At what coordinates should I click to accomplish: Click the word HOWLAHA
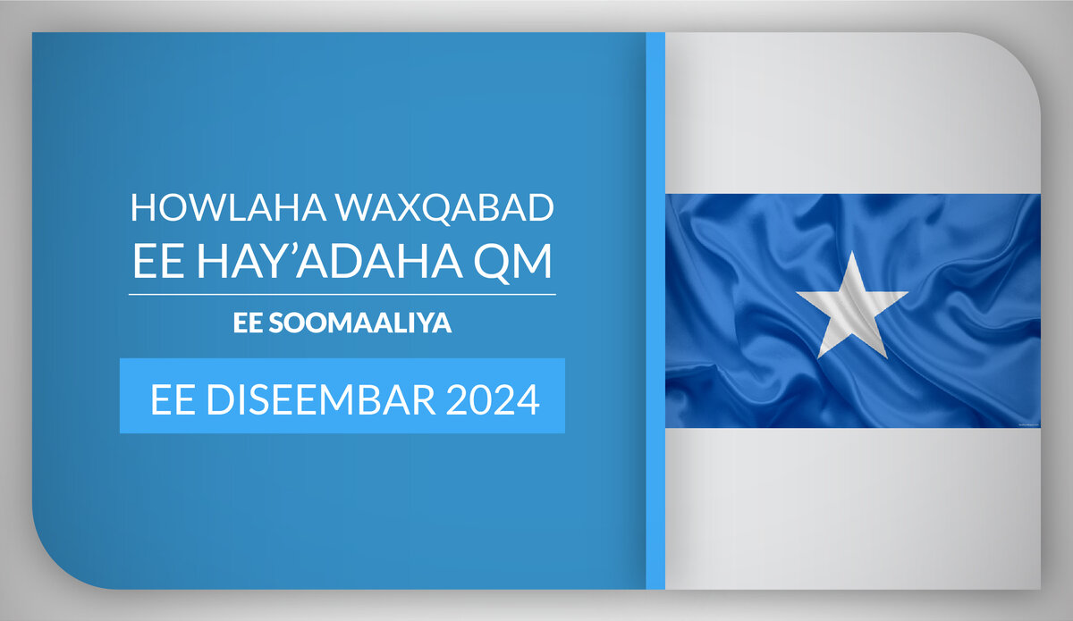point(229,207)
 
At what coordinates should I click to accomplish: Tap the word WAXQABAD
point(444,208)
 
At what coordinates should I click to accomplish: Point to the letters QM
point(512,262)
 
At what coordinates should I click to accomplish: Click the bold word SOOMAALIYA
point(360,323)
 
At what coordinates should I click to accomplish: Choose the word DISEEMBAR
point(321,399)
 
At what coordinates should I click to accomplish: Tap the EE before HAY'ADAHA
point(158,261)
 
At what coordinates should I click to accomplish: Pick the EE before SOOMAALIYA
point(248,323)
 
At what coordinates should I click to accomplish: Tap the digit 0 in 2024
point(481,399)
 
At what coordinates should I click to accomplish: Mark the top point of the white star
point(852,252)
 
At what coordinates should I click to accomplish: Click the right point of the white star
point(908,292)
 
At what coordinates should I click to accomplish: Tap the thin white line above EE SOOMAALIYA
point(342,295)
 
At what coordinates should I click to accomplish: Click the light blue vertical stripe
point(655,311)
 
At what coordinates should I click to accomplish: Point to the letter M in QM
point(534,261)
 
